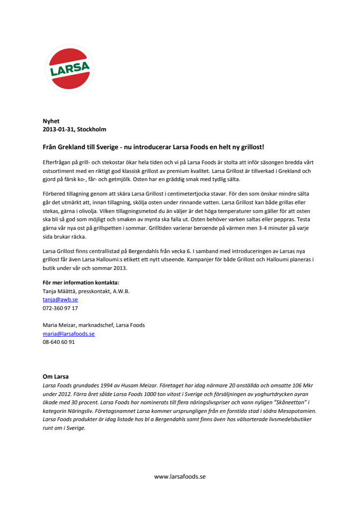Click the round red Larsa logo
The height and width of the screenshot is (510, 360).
pyautogui.click(x=69, y=69)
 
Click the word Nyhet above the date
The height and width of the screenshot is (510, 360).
pyautogui.click(x=51, y=121)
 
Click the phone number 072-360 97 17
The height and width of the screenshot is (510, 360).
pyautogui.click(x=60, y=308)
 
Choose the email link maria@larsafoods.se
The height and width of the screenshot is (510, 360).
pyautogui.click(x=69, y=333)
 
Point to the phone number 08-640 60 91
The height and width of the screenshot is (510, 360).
pyautogui.click(x=58, y=342)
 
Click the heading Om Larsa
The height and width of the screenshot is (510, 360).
pyautogui.click(x=55, y=376)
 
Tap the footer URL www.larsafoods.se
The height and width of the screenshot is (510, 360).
pyautogui.click(x=180, y=476)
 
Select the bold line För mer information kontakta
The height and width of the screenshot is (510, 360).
pyautogui.click(x=81, y=283)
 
